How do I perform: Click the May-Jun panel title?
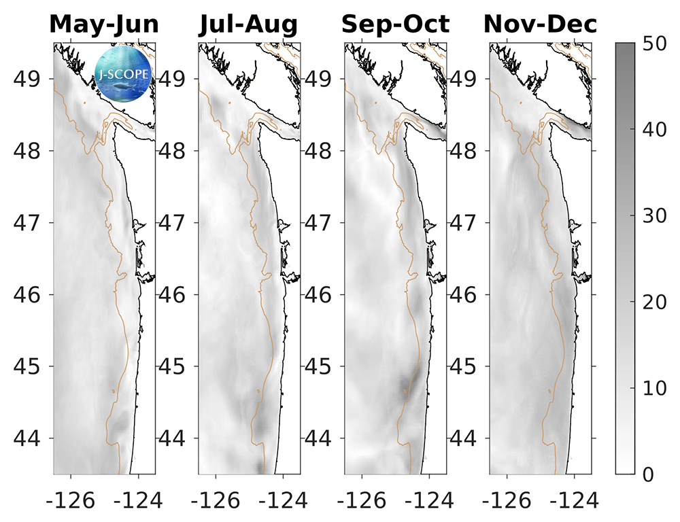pyautogui.click(x=104, y=25)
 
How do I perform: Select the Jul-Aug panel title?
pyautogui.click(x=248, y=25)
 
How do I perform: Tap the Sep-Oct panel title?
pyautogui.click(x=395, y=25)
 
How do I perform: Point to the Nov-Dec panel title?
pyautogui.click(x=541, y=25)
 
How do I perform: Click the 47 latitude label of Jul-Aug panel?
pyautogui.click(x=174, y=223)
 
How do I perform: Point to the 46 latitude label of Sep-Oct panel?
pyautogui.click(x=320, y=295)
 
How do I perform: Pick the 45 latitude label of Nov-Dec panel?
pyautogui.click(x=465, y=367)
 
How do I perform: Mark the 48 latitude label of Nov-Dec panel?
pyautogui.click(x=465, y=151)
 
